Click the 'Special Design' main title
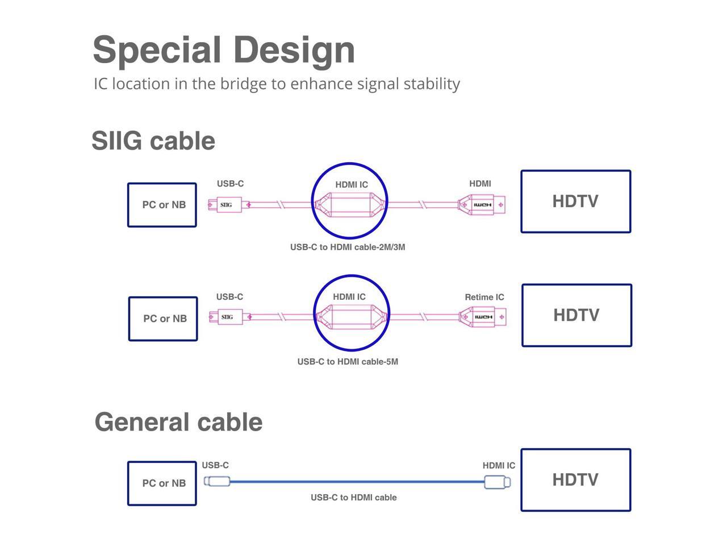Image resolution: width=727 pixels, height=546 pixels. point(224,51)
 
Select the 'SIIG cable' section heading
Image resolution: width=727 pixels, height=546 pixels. point(153,140)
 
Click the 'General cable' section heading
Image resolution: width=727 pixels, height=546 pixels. point(178,422)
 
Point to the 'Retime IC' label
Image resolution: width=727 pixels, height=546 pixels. point(484,297)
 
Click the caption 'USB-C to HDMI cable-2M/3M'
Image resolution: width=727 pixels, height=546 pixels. point(348,247)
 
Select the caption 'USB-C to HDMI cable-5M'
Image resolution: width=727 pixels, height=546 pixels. point(348,361)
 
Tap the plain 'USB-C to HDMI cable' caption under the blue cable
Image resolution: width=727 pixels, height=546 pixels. point(353,497)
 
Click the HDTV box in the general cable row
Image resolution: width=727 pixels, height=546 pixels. point(576,479)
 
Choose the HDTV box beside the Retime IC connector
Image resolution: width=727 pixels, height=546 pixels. point(576,315)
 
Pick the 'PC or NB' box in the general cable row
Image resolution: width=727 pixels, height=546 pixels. point(162,483)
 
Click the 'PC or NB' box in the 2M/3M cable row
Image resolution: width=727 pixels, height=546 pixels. point(162,205)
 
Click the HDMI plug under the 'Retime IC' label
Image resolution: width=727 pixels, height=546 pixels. point(482,317)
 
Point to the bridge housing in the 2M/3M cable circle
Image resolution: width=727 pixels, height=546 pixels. point(349,205)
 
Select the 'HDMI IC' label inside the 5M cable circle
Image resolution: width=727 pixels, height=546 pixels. point(349,297)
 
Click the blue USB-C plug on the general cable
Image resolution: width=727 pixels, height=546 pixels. point(217,481)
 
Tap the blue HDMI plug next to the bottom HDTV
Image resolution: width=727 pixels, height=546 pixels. point(497,482)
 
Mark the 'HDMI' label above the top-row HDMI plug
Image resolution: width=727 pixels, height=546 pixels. point(480,184)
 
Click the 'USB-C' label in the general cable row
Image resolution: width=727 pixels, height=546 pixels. point(215,465)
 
